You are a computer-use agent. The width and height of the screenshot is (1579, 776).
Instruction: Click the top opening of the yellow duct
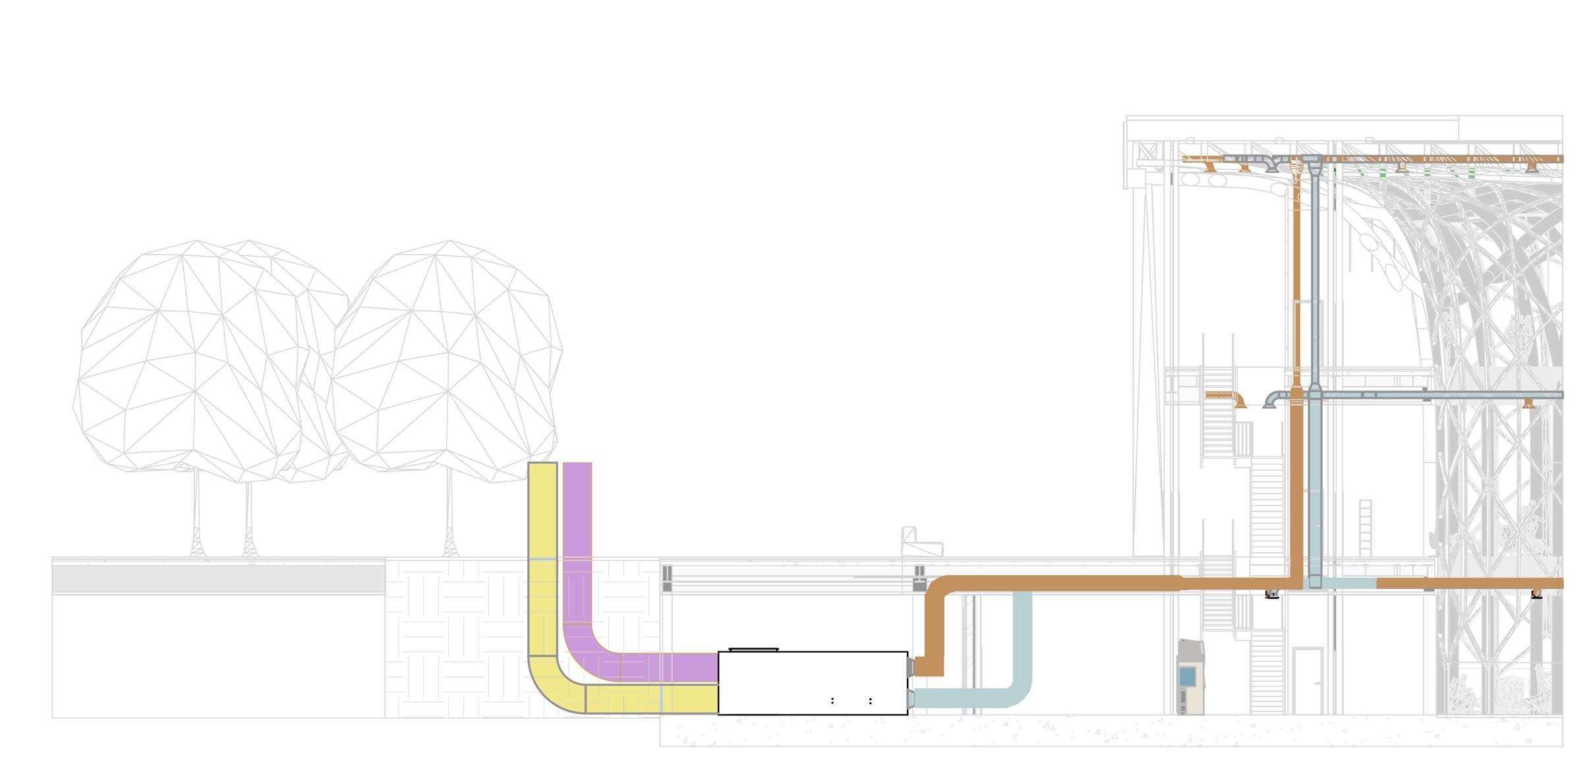coord(542,464)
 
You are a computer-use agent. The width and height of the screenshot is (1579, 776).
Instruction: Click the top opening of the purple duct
coord(577,464)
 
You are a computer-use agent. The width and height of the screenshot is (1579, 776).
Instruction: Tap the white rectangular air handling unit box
coord(812,682)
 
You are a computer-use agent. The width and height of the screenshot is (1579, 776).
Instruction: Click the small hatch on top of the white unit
coord(753,649)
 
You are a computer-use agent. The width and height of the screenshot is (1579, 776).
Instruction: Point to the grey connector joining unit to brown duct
coord(911,667)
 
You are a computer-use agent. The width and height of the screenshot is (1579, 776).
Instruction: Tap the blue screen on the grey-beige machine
coord(1187,676)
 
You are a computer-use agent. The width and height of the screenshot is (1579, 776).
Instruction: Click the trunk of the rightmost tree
coord(450,514)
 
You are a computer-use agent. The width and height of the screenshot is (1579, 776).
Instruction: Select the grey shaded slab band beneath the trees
coord(218,579)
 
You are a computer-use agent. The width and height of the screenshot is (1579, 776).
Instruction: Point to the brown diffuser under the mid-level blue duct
coord(1529,403)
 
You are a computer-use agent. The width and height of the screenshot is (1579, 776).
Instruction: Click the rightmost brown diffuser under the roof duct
coord(1532,167)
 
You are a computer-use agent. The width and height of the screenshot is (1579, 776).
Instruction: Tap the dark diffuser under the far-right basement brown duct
coord(1536,595)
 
